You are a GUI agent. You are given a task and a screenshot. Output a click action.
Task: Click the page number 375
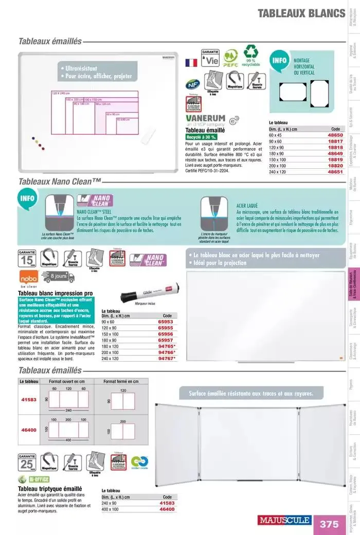pyautogui.click(x=329, y=524)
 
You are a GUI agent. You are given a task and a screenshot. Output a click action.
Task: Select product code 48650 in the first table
pyautogui.click(x=335, y=134)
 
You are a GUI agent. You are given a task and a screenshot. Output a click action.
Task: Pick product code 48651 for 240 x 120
pyautogui.click(x=335, y=172)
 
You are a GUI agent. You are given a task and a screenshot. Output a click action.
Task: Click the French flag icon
pyautogui.click(x=191, y=63)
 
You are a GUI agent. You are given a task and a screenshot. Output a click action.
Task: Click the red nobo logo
pyautogui.click(x=28, y=278)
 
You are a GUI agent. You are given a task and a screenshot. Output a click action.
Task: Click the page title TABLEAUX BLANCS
pyautogui.click(x=301, y=13)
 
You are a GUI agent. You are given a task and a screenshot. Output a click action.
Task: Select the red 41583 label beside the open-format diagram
pyautogui.click(x=29, y=399)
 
